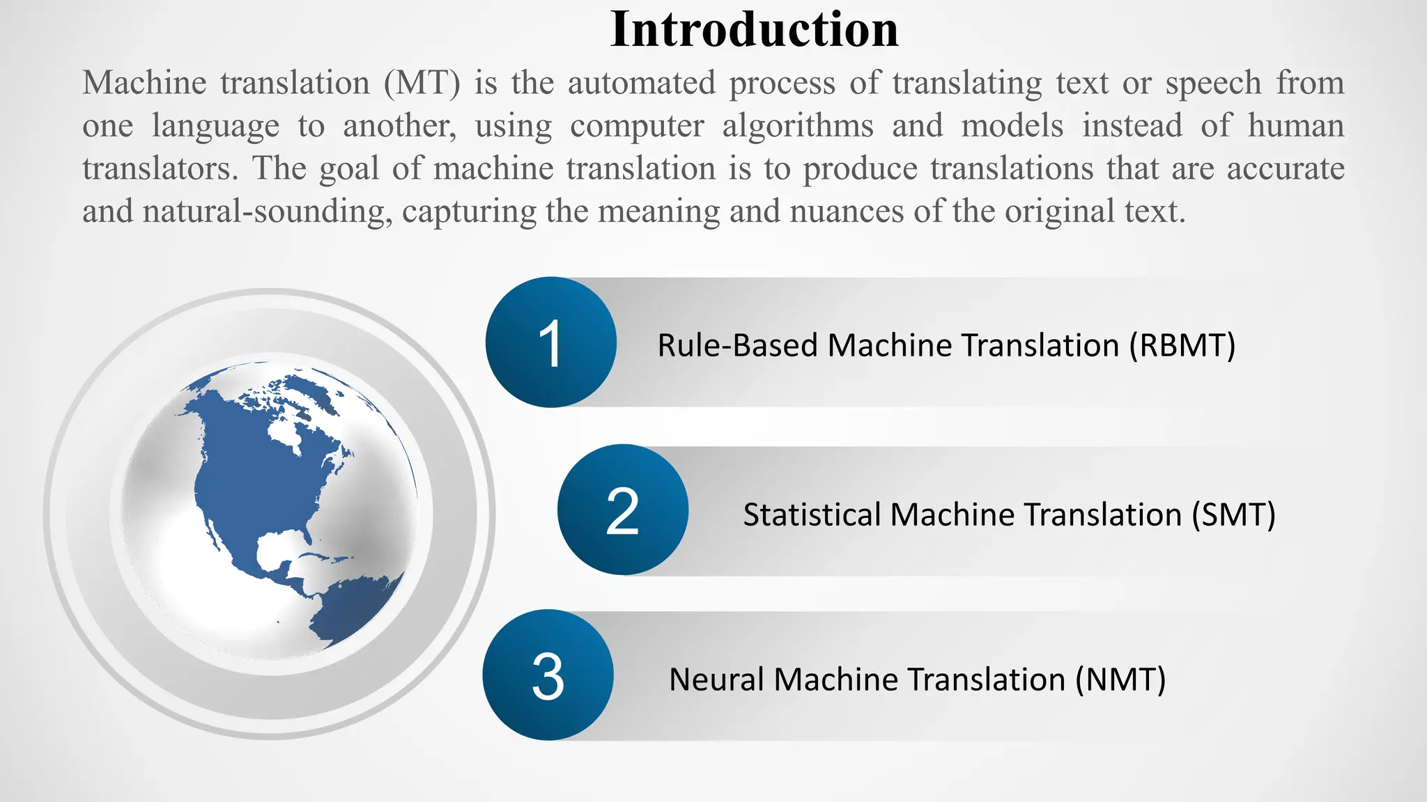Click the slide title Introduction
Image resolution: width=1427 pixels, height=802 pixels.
coord(754,30)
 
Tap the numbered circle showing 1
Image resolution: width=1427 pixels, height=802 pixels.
coord(550,343)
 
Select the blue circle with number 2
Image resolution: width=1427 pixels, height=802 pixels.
coord(622,510)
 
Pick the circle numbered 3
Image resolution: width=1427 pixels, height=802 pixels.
coord(548,675)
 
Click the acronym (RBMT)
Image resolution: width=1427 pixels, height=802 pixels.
coord(1182,345)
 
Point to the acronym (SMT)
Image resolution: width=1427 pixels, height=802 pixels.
coord(1233,515)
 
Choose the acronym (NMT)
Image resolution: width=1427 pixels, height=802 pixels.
coord(1120,679)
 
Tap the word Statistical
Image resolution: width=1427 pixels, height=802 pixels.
coord(810,515)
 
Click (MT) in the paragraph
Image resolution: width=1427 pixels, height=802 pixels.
coord(422,84)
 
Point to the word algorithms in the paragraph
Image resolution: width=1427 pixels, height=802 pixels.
coord(798,126)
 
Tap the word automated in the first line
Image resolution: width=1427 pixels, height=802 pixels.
coord(641,84)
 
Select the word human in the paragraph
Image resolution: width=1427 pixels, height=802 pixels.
coord(1295,126)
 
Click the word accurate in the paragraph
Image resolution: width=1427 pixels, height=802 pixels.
coord(1286,168)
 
